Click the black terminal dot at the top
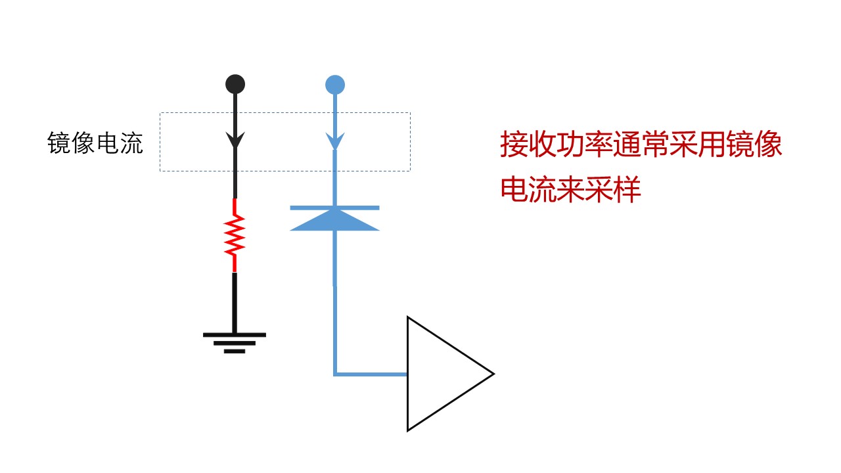coord(235,84)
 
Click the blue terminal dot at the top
coord(335,85)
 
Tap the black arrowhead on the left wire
coord(235,140)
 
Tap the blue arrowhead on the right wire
coord(335,141)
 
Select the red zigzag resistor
coord(235,235)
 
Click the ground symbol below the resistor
coord(235,341)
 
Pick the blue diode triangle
coord(334,221)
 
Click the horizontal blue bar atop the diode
coord(334,208)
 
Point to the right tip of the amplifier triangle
coord(492,374)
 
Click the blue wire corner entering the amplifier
coord(335,374)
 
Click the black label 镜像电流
coord(95,143)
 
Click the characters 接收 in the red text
coord(529,145)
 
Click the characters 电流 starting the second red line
coord(529,190)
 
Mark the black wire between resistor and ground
coord(235,302)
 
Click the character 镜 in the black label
coord(59,143)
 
